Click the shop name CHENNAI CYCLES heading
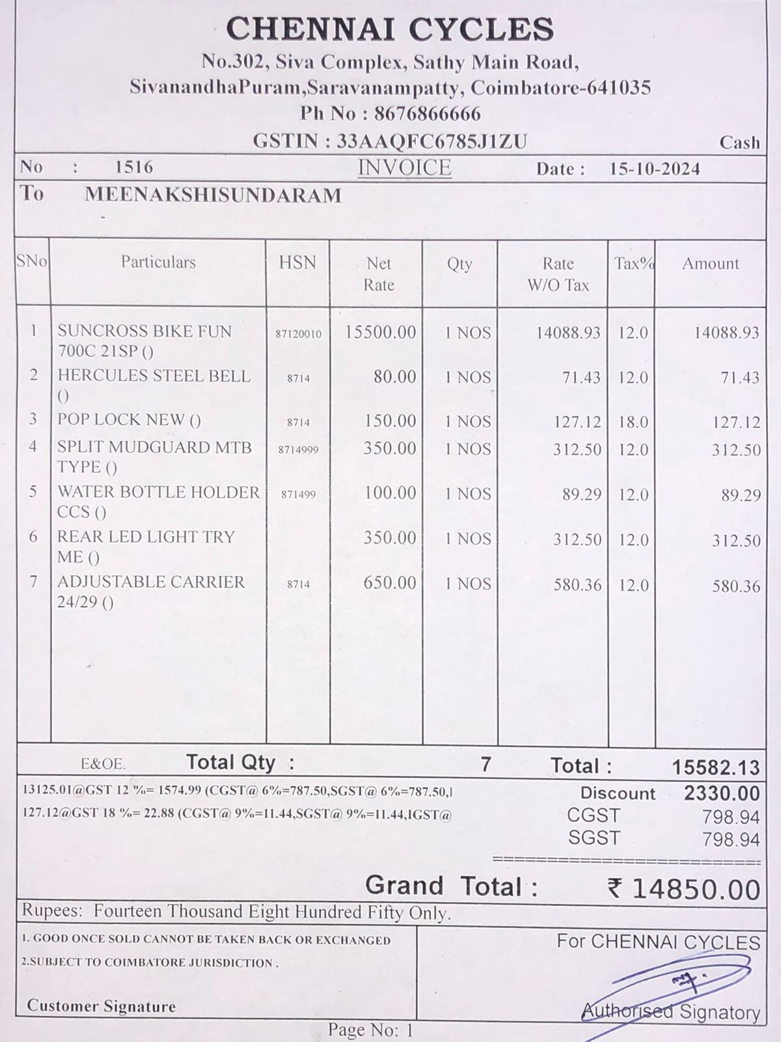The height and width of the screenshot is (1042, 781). [x=390, y=29]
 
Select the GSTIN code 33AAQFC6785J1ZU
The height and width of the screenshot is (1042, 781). [x=432, y=141]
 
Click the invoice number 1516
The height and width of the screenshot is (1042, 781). [x=134, y=167]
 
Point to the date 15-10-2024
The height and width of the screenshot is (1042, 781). [x=655, y=169]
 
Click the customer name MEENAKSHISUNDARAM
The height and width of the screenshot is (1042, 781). [x=213, y=195]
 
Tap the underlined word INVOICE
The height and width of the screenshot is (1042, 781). [x=404, y=167]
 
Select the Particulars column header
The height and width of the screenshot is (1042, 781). [x=158, y=262]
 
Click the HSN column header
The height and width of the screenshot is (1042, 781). [x=297, y=262]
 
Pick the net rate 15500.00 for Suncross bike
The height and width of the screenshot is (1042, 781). [x=380, y=332]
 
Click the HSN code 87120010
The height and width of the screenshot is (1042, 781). [x=298, y=334]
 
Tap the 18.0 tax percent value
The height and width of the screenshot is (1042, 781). [x=633, y=422]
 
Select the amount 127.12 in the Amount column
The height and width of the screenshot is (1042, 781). [x=736, y=422]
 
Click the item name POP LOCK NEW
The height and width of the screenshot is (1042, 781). [x=129, y=420]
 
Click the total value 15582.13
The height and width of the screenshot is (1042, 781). [x=715, y=768]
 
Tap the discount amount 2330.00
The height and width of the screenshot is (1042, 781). [x=722, y=793]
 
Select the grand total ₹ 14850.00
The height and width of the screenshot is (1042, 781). [x=683, y=889]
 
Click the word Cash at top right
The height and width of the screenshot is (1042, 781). [x=739, y=143]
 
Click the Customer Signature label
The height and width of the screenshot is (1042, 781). [x=102, y=1006]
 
